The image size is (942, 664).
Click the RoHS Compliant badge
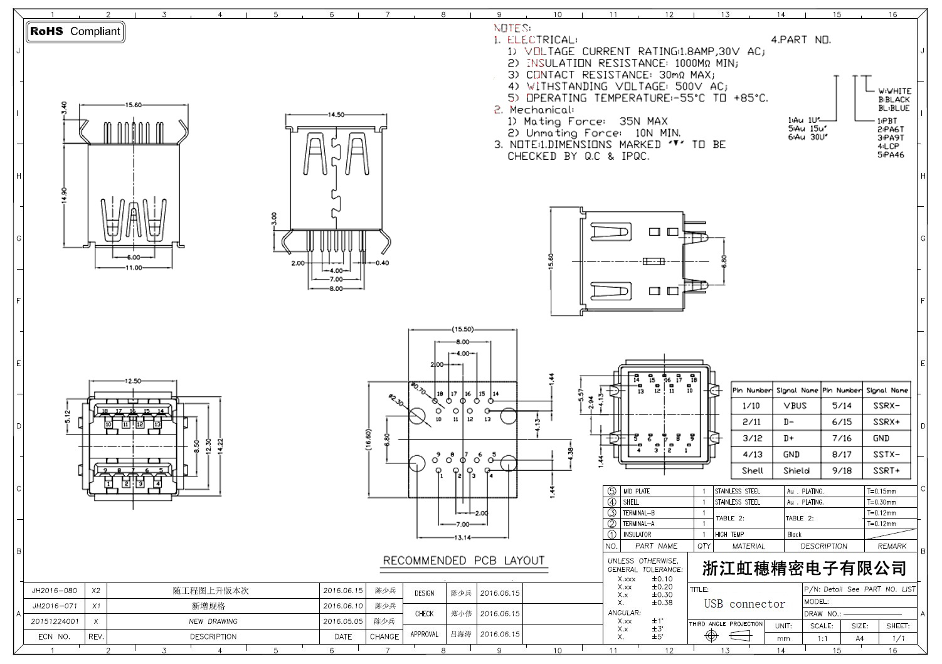pyautogui.click(x=75, y=31)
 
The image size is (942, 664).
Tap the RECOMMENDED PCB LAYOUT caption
pyautogui.click(x=463, y=561)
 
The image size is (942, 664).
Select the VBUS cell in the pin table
pyautogui.click(x=795, y=406)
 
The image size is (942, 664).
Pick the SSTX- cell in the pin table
pyautogui.click(x=886, y=455)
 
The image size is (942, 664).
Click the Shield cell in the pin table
pyautogui.click(x=796, y=471)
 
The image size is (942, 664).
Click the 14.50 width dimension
pyautogui.click(x=336, y=115)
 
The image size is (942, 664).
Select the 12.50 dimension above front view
pyautogui.click(x=133, y=381)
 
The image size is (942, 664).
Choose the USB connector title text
pyautogui.click(x=744, y=604)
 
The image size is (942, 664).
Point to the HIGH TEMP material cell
pyautogui.click(x=729, y=535)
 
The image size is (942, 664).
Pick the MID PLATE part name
pyautogui.click(x=637, y=492)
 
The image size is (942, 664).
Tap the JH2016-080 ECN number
pyautogui.click(x=55, y=591)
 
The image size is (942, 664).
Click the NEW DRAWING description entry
pyautogui.click(x=213, y=621)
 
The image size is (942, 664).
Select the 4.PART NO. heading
pyautogui.click(x=801, y=40)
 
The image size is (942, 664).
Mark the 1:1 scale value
pyautogui.click(x=822, y=639)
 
